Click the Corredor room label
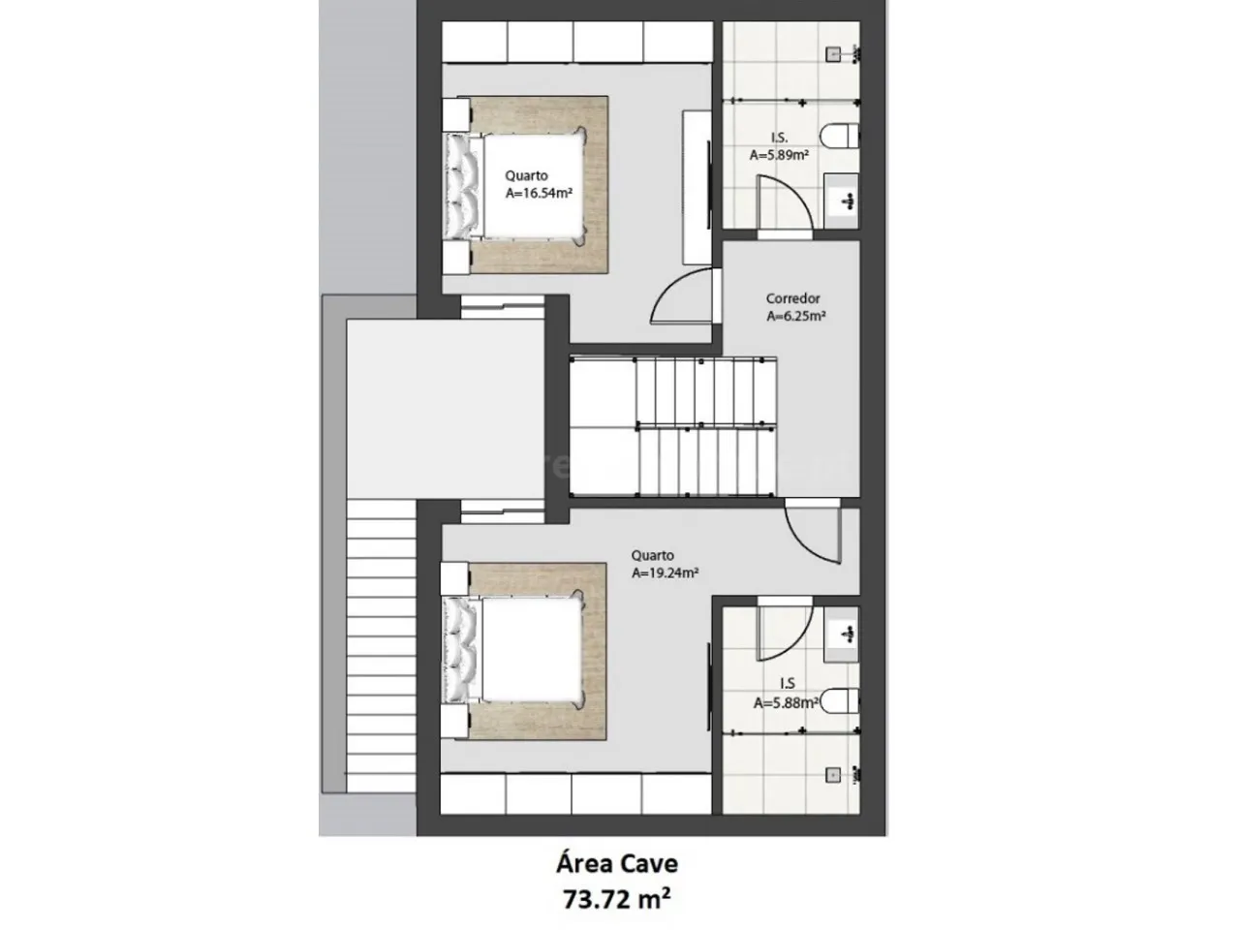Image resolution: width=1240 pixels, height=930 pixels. (x=792, y=298)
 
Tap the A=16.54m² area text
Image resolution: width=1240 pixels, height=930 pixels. (x=539, y=193)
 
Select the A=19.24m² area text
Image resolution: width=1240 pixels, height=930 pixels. (x=665, y=573)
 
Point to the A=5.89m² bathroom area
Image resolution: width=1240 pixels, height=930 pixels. (x=779, y=155)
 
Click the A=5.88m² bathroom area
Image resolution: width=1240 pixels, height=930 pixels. (x=786, y=702)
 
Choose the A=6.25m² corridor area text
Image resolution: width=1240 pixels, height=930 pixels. (x=796, y=316)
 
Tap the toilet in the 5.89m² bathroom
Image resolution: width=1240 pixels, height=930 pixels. (x=840, y=137)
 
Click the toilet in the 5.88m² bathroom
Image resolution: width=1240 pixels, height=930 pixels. (x=840, y=700)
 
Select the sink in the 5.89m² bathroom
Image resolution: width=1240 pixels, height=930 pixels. (x=841, y=201)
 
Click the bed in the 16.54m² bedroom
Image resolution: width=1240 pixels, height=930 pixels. (x=515, y=186)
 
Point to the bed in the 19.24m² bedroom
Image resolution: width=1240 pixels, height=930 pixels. (x=514, y=650)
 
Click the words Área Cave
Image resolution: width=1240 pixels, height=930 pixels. (x=617, y=864)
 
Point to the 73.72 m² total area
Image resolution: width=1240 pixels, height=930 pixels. (x=617, y=900)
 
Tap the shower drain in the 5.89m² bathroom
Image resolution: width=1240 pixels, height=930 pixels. (x=833, y=54)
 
